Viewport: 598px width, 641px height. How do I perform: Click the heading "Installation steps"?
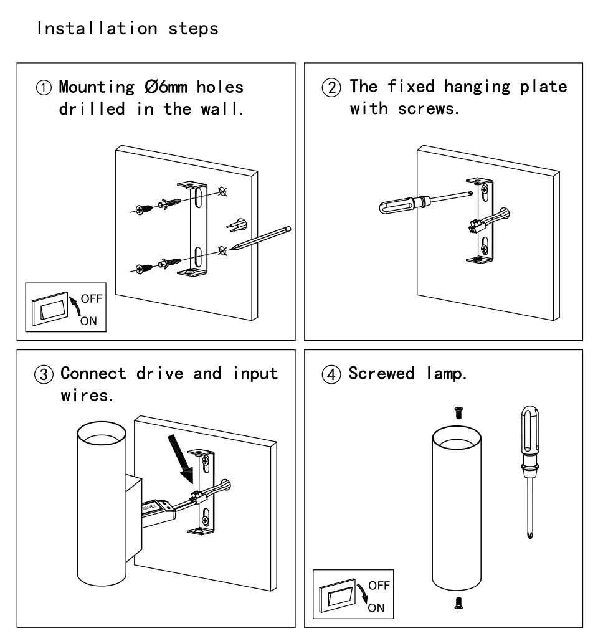pos(128,29)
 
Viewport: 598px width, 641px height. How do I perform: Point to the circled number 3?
pos(42,374)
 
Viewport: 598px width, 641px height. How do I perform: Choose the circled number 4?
pos(336,374)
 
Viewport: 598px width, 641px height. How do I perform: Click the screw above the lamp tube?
pos(458,411)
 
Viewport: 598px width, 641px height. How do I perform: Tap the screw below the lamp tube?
pos(458,602)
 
